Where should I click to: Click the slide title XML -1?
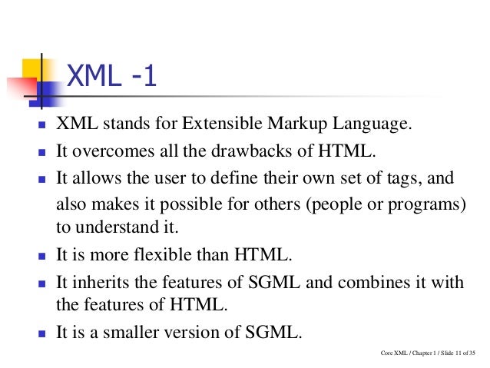click(112, 78)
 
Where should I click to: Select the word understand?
click(115, 228)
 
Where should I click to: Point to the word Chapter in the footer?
click(412, 353)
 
